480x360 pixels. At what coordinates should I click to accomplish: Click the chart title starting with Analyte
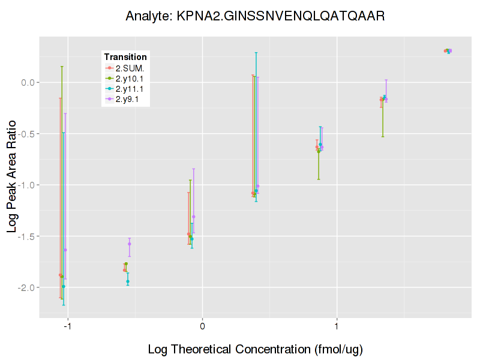(255, 16)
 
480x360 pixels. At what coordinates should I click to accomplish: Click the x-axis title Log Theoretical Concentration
(255, 349)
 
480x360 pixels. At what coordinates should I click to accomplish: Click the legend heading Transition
(125, 56)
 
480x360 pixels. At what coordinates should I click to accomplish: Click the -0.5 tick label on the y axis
(27, 134)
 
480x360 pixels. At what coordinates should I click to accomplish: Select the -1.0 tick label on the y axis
(27, 185)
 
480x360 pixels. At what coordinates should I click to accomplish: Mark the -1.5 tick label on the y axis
(27, 236)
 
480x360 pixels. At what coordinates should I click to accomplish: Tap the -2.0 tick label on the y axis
(27, 288)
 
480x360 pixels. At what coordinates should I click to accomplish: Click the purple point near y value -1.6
(129, 244)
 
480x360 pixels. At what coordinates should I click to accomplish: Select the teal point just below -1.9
(128, 281)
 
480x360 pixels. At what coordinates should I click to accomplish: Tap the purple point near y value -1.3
(193, 217)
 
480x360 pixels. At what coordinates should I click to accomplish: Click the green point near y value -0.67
(319, 151)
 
